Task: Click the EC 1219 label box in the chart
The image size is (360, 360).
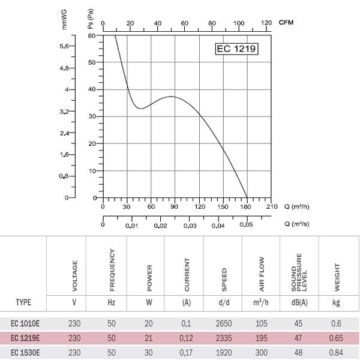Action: (x=236, y=49)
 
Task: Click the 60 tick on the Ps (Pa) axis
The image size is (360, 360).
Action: (x=92, y=35)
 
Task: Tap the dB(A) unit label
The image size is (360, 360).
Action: (x=300, y=302)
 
